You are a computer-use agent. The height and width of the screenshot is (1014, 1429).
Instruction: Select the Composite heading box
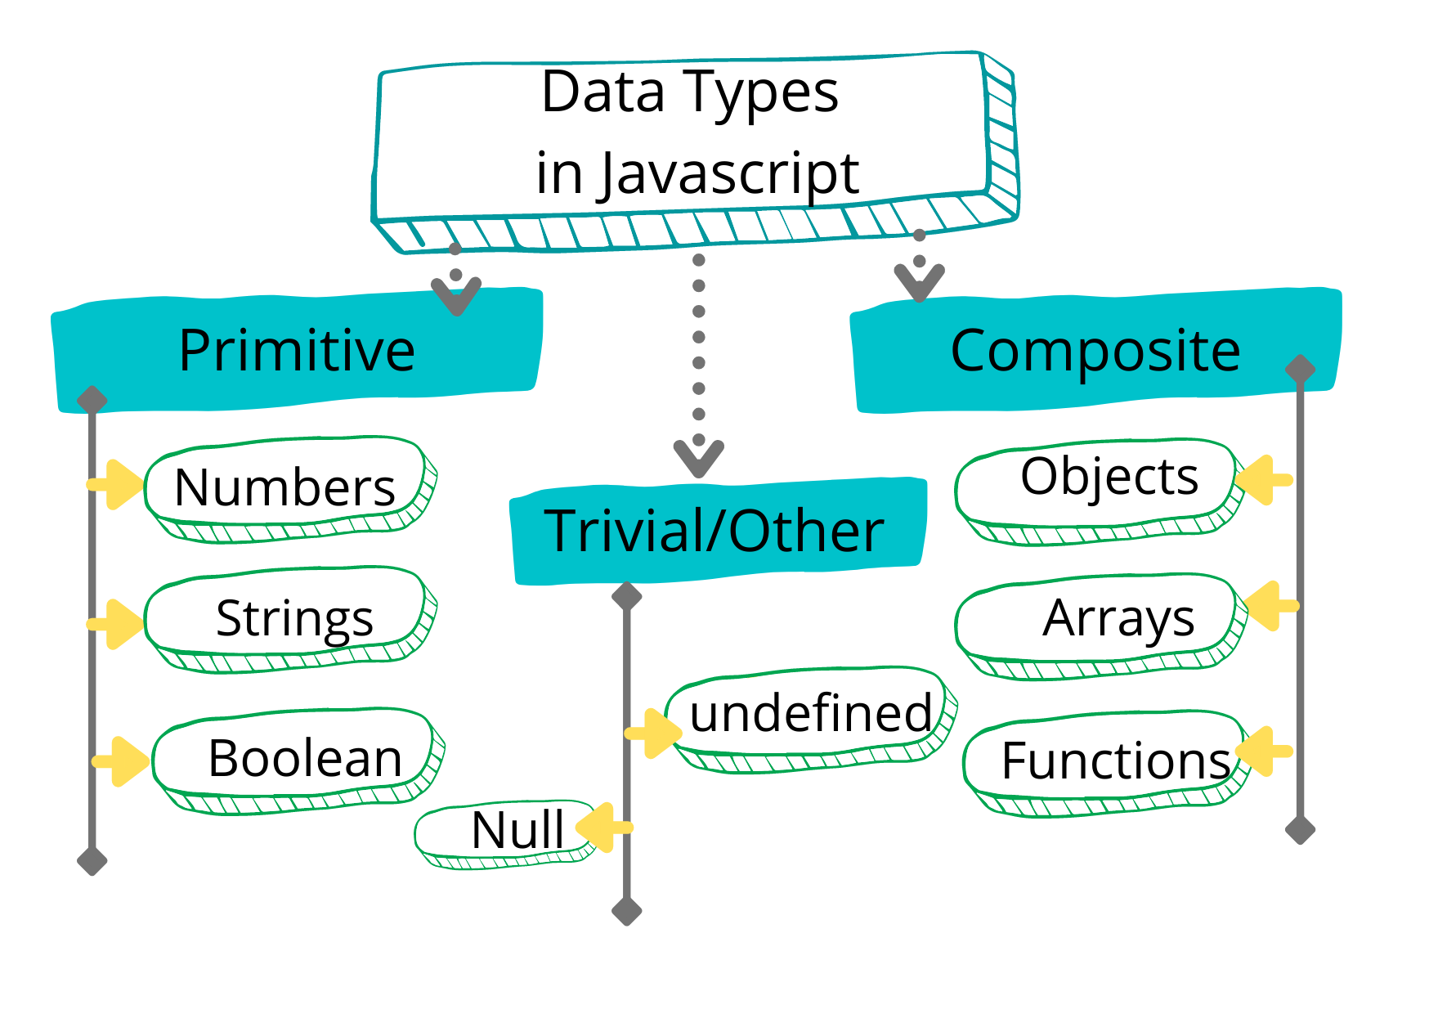point(1095,350)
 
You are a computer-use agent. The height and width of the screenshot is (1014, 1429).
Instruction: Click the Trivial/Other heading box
point(718,531)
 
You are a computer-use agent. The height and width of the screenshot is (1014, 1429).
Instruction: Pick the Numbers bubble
point(290,489)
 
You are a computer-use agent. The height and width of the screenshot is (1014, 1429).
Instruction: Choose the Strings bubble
point(290,619)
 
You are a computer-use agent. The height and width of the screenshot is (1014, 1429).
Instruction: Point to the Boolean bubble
point(299,760)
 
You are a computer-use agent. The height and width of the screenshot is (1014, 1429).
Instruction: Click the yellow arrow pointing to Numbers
point(115,484)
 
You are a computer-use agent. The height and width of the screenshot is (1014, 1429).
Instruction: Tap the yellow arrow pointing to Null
point(604,827)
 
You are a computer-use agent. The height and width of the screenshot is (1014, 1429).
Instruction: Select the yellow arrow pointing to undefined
point(653,734)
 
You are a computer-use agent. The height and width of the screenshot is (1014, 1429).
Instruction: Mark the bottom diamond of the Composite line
point(1300,829)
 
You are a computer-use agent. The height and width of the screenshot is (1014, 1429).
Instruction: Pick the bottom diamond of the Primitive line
point(92,860)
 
